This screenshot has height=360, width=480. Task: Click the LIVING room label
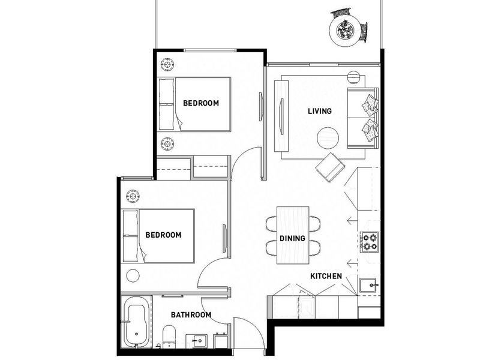pyautogui.click(x=319, y=111)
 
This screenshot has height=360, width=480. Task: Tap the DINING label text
pyautogui.click(x=292, y=238)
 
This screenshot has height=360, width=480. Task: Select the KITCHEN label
pyautogui.click(x=326, y=276)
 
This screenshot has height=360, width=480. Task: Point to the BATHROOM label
pyautogui.click(x=191, y=314)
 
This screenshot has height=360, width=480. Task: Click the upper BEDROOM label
pyautogui.click(x=201, y=103)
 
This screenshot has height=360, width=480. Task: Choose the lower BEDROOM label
pyautogui.click(x=163, y=235)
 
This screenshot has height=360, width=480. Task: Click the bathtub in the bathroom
pyautogui.click(x=136, y=323)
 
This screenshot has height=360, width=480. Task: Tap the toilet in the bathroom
pyautogui.click(x=168, y=336)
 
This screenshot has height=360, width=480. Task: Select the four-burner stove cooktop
pyautogui.click(x=370, y=241)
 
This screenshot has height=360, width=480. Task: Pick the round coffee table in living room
pyautogui.click(x=329, y=139)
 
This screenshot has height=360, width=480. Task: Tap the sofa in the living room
pyautogui.click(x=364, y=117)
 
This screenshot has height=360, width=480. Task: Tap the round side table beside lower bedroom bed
pyautogui.click(x=133, y=276)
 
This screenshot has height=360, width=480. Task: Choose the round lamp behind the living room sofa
pyautogui.click(x=355, y=79)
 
